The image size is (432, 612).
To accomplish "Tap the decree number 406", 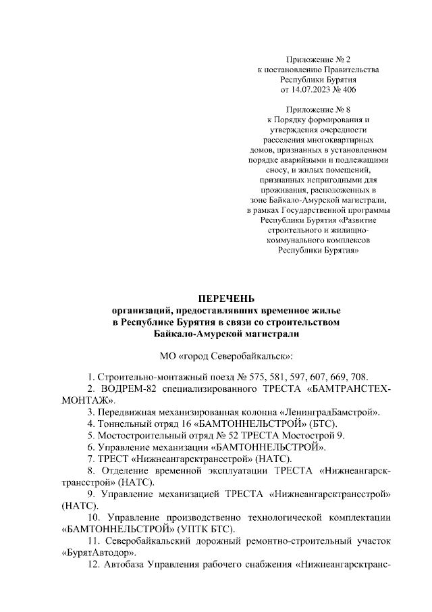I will click(x=349, y=88).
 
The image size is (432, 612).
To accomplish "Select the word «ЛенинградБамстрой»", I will click(x=329, y=412).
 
